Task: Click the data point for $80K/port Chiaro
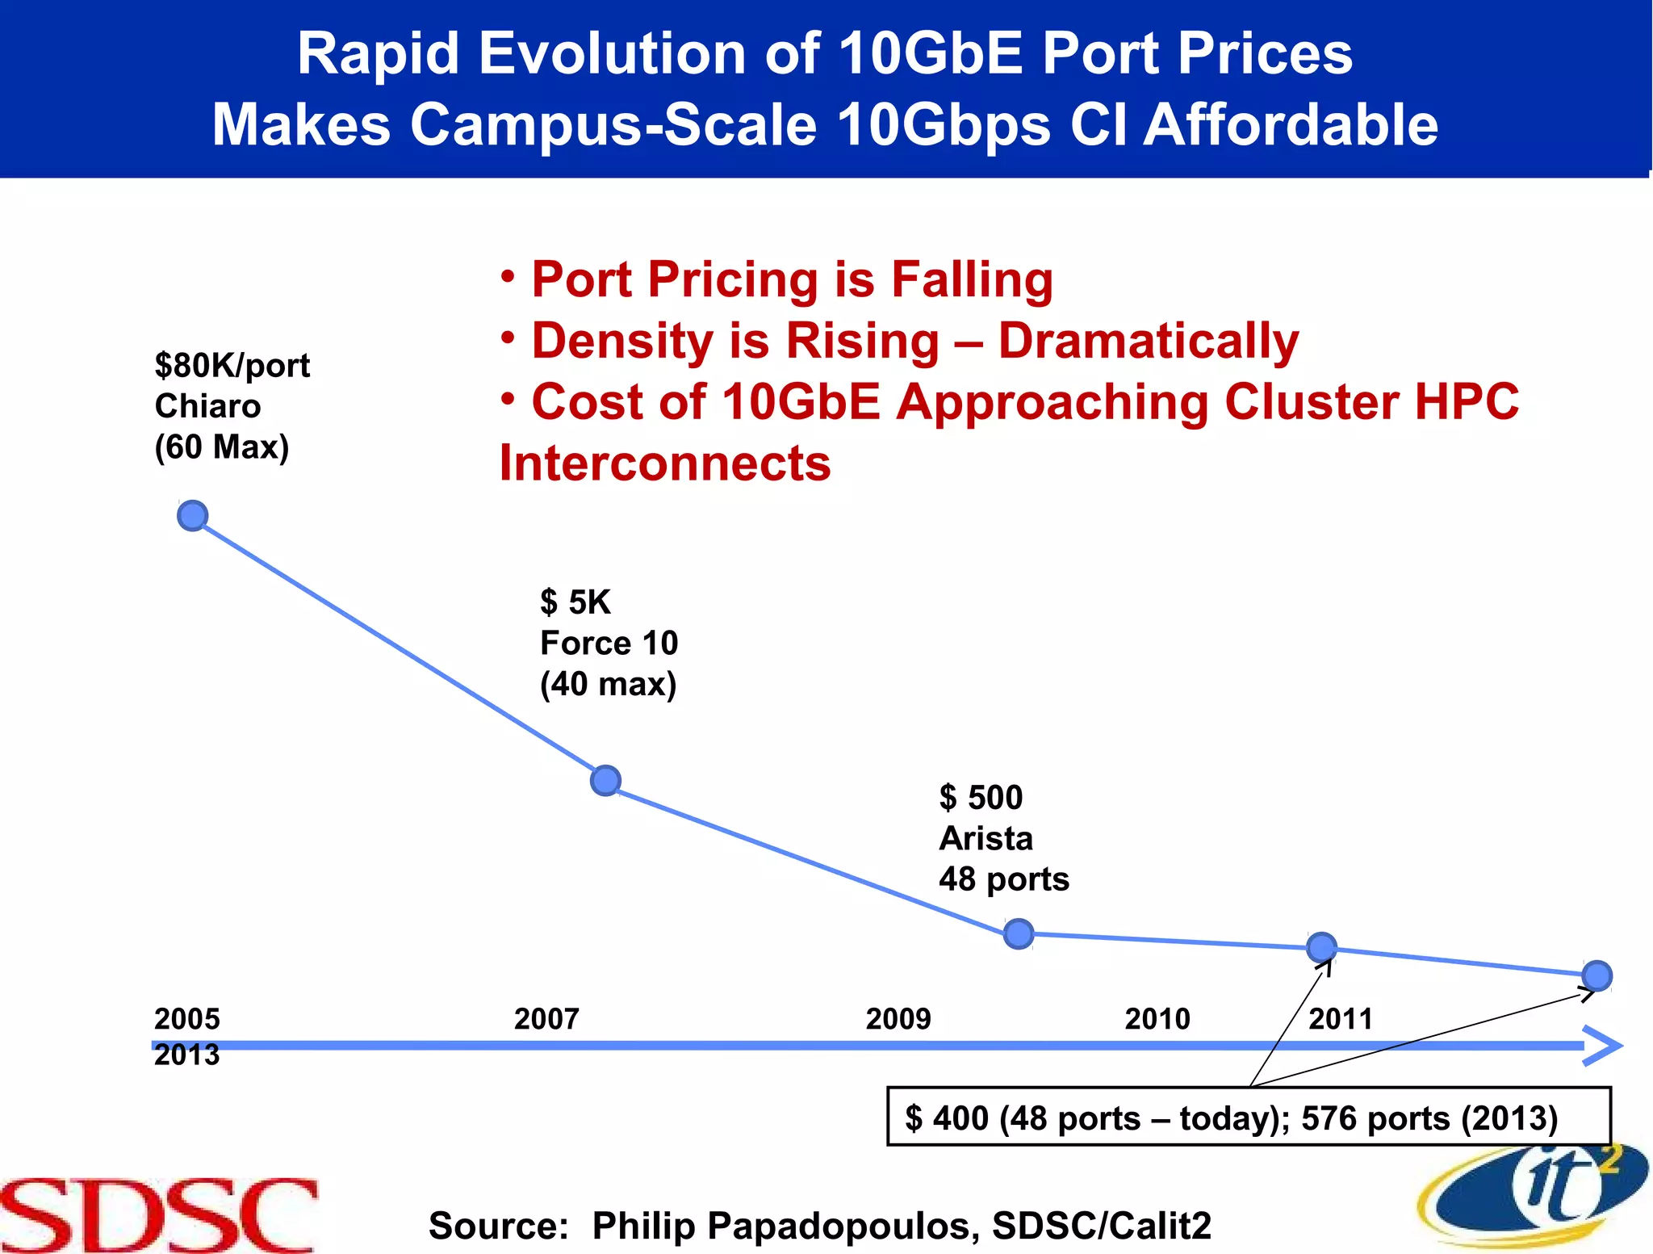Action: point(192,515)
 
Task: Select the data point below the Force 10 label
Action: point(605,780)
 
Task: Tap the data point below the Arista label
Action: point(1019,933)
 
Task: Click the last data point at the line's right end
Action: point(1597,975)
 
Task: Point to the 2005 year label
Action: point(186,1019)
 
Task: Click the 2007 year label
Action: point(546,1019)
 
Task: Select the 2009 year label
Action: point(898,1019)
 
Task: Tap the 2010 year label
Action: point(1157,1019)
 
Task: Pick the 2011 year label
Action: point(1340,1019)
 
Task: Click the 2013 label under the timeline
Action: point(186,1055)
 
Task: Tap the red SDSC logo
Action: point(158,1215)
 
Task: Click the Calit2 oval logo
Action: point(1534,1195)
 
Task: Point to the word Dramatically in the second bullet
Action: point(1148,342)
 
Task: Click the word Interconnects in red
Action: point(664,464)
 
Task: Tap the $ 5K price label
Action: point(575,602)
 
